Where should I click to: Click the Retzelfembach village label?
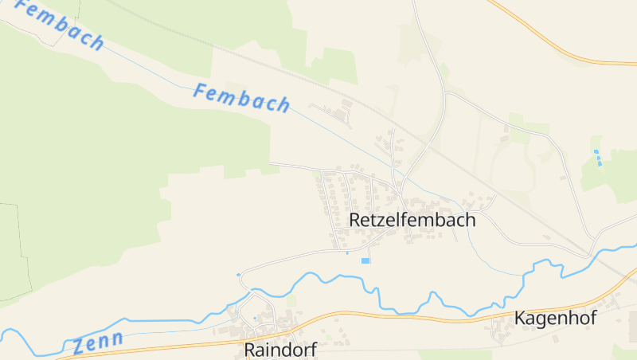[x=412, y=220]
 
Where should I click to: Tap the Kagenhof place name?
[x=556, y=318]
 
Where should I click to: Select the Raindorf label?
[x=280, y=350]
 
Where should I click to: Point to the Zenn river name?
[x=98, y=342]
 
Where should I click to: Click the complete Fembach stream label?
[x=241, y=97]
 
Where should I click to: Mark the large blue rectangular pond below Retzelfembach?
[x=365, y=260]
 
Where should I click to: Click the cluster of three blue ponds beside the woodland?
[x=596, y=157]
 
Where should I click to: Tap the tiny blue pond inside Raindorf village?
[x=255, y=318]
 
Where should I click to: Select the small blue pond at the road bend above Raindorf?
[x=238, y=275]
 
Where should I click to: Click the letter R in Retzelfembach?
[x=355, y=220]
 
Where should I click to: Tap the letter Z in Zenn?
[x=79, y=347]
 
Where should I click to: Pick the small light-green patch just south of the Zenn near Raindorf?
[x=291, y=300]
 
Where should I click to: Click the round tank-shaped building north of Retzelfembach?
[x=346, y=103]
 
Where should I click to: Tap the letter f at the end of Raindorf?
[x=313, y=349]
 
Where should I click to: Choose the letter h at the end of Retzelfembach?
[x=471, y=220]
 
